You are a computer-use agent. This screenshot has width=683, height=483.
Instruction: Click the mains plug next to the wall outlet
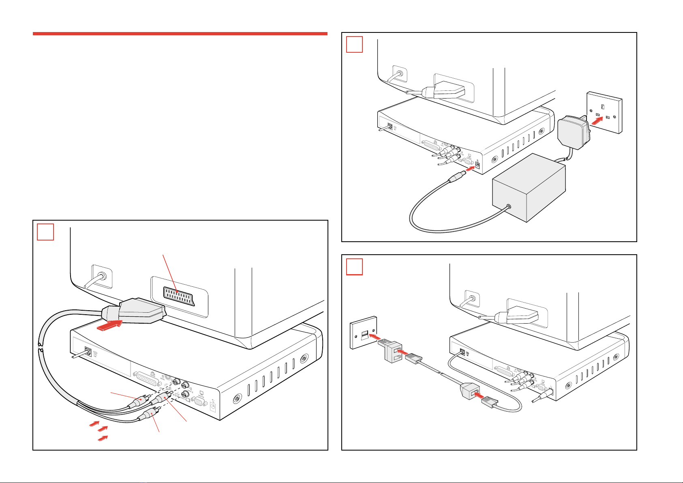573,129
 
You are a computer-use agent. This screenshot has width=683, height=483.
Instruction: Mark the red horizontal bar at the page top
180,34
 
